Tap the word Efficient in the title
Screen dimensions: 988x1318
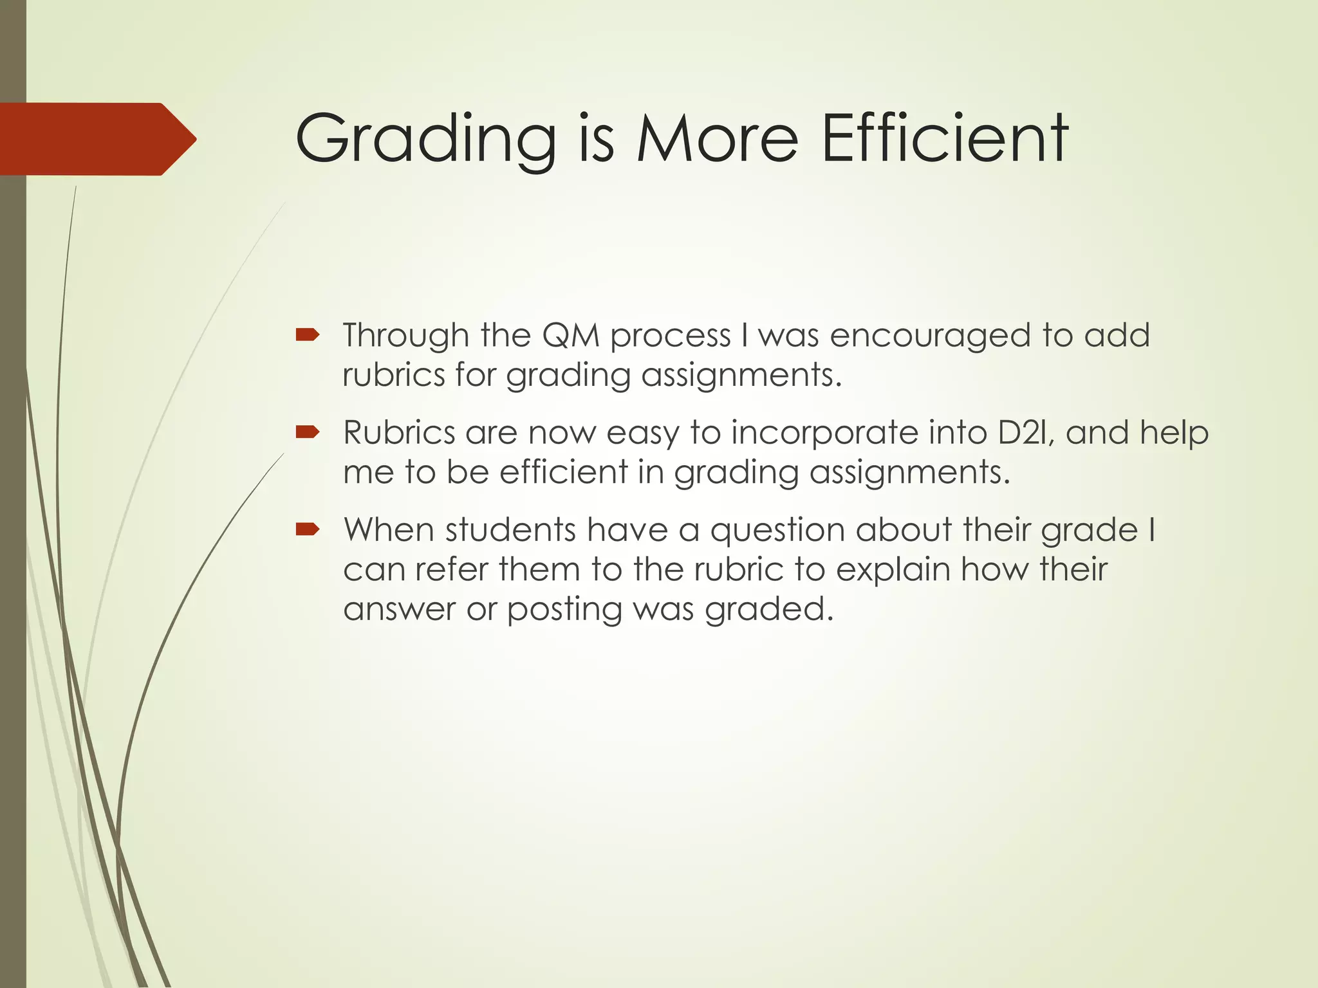tap(945, 138)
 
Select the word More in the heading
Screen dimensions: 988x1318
tap(718, 139)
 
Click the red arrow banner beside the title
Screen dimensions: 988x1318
tap(97, 139)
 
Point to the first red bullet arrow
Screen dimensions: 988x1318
tap(307, 334)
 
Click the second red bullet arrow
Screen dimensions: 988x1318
tap(307, 432)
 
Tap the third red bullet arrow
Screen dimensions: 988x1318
tap(307, 529)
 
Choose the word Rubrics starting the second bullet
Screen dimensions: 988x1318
tap(399, 432)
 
